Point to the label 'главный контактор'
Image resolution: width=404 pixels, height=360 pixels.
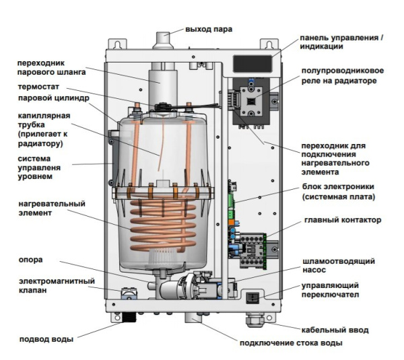click(x=343, y=219)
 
